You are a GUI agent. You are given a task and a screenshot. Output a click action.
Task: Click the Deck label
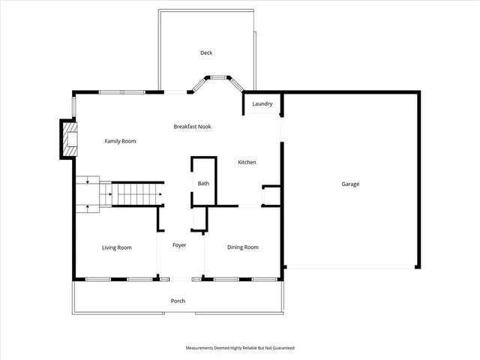click(x=206, y=52)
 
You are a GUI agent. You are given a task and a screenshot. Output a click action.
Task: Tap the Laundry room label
click(x=262, y=104)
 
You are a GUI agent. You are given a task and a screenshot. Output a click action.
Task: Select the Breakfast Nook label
click(x=193, y=127)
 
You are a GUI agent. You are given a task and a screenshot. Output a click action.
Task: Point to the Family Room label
click(x=120, y=141)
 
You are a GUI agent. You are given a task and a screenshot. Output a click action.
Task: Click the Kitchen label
click(x=247, y=163)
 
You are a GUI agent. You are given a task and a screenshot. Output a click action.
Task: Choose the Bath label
click(x=203, y=184)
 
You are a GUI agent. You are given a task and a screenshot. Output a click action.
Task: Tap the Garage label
click(x=350, y=184)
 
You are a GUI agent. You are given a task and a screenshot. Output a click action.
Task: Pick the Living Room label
click(x=117, y=247)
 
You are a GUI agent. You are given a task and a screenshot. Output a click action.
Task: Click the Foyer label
click(x=179, y=245)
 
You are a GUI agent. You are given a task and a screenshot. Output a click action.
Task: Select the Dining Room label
click(x=243, y=247)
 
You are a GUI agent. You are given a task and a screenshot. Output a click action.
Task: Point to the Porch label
click(x=178, y=301)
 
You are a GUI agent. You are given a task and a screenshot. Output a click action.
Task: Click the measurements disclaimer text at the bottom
click(x=240, y=348)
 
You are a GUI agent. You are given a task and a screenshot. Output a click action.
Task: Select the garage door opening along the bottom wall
click(x=351, y=266)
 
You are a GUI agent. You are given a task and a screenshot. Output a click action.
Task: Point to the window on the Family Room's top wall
click(x=122, y=92)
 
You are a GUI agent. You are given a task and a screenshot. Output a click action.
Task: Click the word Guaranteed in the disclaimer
click(x=284, y=348)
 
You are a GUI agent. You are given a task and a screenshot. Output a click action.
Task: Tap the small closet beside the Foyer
click(x=199, y=219)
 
